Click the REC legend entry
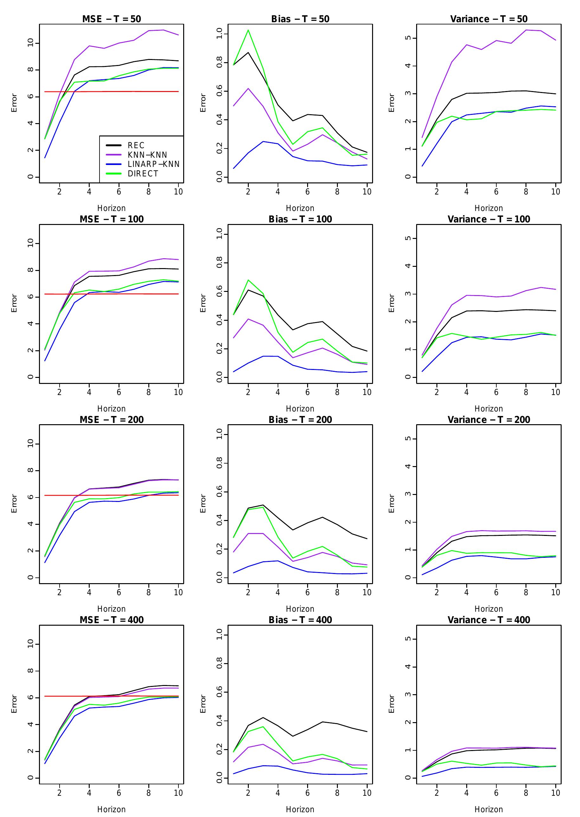pyautogui.click(x=136, y=146)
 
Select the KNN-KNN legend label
pyautogui.click(x=147, y=155)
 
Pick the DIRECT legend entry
pyautogui.click(x=143, y=174)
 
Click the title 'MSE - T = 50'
pyautogui.click(x=112, y=19)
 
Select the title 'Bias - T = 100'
pyautogui.click(x=300, y=219)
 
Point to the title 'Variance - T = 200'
pyautogui.click(x=489, y=419)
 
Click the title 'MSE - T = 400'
pyautogui.click(x=112, y=620)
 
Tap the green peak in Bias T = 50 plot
pyautogui.click(x=248, y=30)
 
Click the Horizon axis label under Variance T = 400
pyautogui.click(x=489, y=809)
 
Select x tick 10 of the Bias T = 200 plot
pyautogui.click(x=367, y=592)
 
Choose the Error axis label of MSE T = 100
pyautogui.click(x=14, y=303)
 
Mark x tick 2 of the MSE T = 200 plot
pyautogui.click(x=59, y=592)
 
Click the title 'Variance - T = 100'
pyautogui.click(x=489, y=219)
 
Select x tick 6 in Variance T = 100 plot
pyautogui.click(x=496, y=392)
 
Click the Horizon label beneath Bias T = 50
pyautogui.click(x=300, y=208)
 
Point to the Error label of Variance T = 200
pyautogui.click(x=391, y=504)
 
